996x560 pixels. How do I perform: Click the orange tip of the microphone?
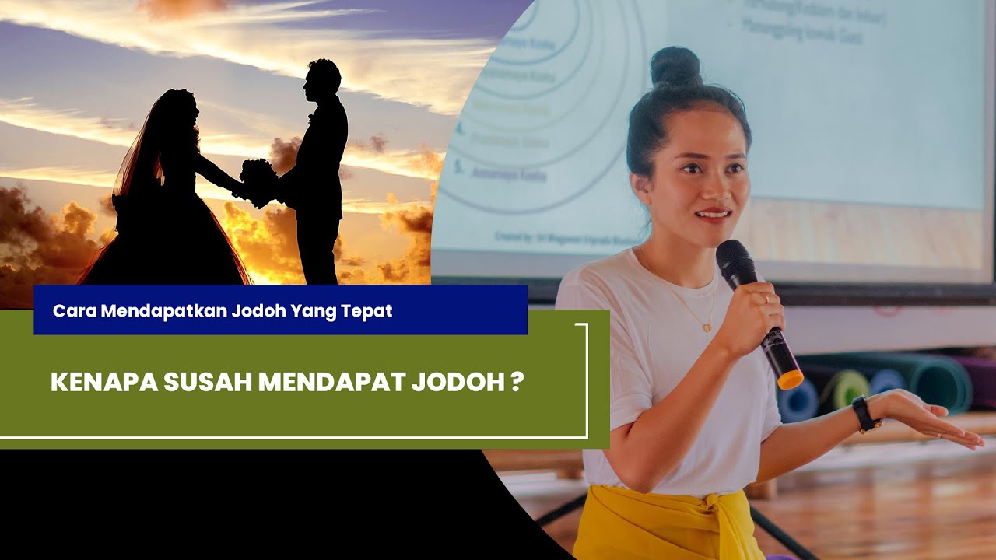coord(790,380)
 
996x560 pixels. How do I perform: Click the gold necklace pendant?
coord(707,327)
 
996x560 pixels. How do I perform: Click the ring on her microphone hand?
coord(765,298)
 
